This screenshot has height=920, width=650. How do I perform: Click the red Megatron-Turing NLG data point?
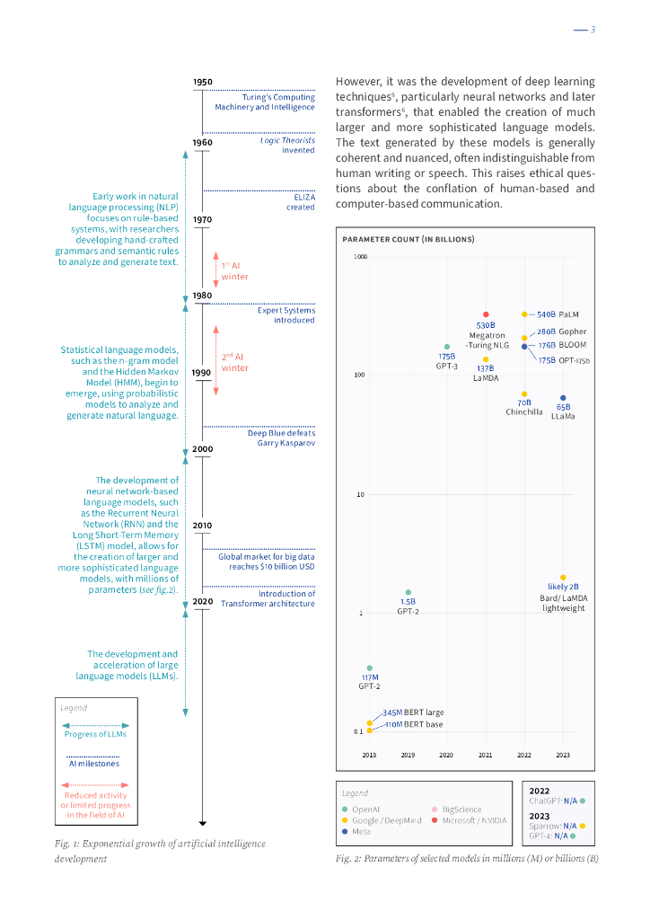[x=486, y=314]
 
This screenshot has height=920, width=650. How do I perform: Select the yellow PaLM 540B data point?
[x=524, y=314]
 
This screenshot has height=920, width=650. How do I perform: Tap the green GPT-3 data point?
[x=446, y=347]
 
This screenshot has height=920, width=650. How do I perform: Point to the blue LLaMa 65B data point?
[x=563, y=397]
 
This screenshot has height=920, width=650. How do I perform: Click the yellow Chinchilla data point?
[x=524, y=394]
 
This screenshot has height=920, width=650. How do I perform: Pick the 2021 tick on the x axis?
[x=486, y=755]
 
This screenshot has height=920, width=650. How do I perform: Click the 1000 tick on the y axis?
[x=360, y=257]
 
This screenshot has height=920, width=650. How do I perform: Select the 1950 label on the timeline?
[x=203, y=82]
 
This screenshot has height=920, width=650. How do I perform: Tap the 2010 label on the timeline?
[x=203, y=525]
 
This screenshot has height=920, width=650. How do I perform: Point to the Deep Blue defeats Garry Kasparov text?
[x=281, y=438]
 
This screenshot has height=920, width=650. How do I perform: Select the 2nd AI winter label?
[x=234, y=362]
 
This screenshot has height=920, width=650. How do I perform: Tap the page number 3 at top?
[x=593, y=31]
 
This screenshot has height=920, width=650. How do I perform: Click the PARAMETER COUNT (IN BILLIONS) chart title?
[x=408, y=239]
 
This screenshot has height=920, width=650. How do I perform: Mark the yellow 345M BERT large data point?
[x=369, y=722]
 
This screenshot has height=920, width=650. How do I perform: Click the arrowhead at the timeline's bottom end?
[x=203, y=822]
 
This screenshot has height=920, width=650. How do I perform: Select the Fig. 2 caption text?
[x=467, y=858]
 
